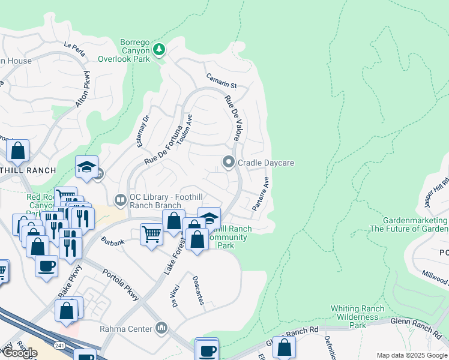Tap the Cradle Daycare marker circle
tap(229, 163)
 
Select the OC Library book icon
tap(120, 199)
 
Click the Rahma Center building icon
tap(161, 328)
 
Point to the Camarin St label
tap(222, 81)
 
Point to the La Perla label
tap(75, 48)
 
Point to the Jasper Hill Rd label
tap(436, 192)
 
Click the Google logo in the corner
tap(20, 352)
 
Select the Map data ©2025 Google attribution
tap(412, 355)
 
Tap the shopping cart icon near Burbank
tap(151, 233)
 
